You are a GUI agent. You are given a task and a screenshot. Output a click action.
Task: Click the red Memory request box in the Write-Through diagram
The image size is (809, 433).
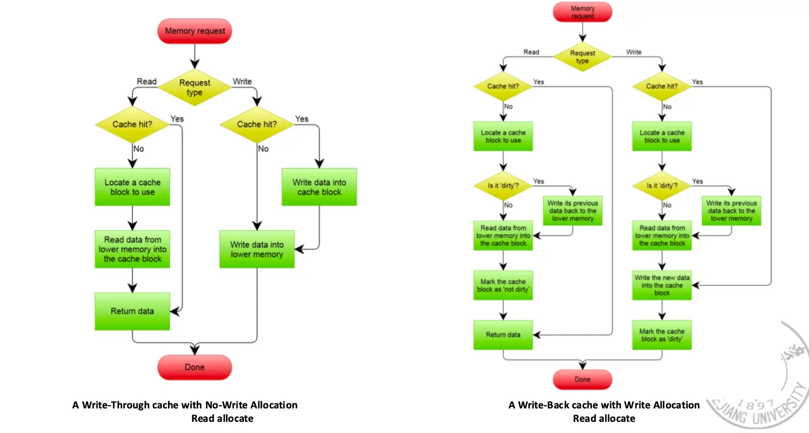194,31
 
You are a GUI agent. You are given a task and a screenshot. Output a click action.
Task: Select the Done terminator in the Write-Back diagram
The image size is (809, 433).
582,379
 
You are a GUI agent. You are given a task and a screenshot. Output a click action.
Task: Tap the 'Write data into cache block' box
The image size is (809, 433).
319,187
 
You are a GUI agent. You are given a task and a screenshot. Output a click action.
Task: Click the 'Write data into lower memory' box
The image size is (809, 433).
257,249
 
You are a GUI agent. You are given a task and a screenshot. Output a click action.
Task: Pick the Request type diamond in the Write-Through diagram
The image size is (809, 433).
194,88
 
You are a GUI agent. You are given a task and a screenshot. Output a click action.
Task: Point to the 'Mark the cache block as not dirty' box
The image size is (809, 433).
503,286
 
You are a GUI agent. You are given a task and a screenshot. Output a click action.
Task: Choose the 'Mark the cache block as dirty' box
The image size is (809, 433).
662,335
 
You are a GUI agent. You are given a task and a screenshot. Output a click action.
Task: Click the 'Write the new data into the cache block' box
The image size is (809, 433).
662,285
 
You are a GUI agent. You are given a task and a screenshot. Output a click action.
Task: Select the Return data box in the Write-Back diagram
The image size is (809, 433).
503,335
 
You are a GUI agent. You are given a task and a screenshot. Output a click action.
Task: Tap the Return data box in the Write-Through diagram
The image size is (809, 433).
132,311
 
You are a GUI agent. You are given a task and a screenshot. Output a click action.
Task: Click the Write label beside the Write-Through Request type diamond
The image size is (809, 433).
242,81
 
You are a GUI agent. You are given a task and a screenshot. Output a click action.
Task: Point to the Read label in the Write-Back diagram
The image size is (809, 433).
531,52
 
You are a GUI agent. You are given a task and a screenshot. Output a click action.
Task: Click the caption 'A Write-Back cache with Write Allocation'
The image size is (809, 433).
604,405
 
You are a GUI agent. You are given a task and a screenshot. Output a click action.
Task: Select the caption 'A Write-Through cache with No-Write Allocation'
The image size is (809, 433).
185,405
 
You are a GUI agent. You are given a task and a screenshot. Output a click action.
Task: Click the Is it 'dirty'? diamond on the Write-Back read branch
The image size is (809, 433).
503,185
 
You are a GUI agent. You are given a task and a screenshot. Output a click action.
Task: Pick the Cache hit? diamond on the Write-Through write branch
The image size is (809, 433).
257,124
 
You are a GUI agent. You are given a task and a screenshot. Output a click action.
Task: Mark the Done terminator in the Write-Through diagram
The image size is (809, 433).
194,367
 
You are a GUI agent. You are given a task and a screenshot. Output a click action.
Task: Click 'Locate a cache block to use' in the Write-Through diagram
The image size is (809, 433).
132,187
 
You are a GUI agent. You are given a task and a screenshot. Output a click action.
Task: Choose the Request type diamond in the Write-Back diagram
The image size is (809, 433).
582,57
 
